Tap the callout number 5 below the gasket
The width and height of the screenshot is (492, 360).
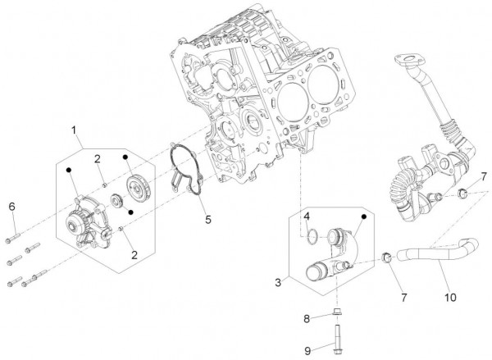[207, 220]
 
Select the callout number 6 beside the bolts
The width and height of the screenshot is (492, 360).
[11, 205]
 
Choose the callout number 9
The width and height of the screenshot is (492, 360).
[308, 350]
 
